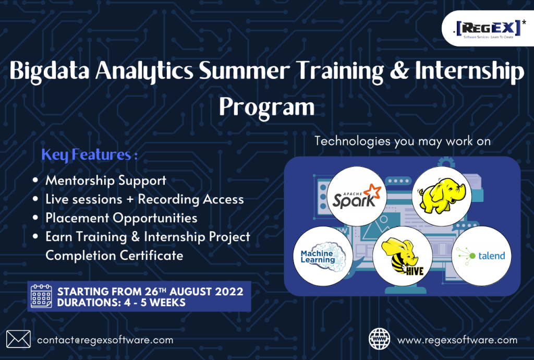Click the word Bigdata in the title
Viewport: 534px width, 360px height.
tap(50, 71)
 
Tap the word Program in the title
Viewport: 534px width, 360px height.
tap(266, 107)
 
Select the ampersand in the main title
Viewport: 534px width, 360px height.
tap(399, 70)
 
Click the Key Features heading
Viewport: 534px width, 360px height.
tap(89, 155)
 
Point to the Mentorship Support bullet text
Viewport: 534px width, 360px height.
tap(106, 181)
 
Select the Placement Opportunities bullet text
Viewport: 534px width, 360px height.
tap(121, 218)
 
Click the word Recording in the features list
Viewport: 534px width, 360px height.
tap(167, 199)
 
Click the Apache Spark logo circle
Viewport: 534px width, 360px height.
tap(357, 196)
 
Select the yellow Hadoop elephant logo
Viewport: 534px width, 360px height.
tap(442, 196)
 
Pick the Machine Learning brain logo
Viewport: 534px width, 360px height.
tap(323, 256)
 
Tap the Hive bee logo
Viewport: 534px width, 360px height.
tap(403, 256)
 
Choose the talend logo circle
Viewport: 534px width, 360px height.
tap(481, 256)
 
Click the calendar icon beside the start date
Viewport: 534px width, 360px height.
tap(41, 296)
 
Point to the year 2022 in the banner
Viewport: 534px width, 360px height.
tap(229, 292)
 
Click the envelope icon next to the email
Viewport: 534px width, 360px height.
tap(18, 339)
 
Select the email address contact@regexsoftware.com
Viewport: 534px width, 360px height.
tap(105, 340)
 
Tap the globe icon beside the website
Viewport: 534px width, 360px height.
tap(380, 339)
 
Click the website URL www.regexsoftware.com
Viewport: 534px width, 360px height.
tap(457, 340)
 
